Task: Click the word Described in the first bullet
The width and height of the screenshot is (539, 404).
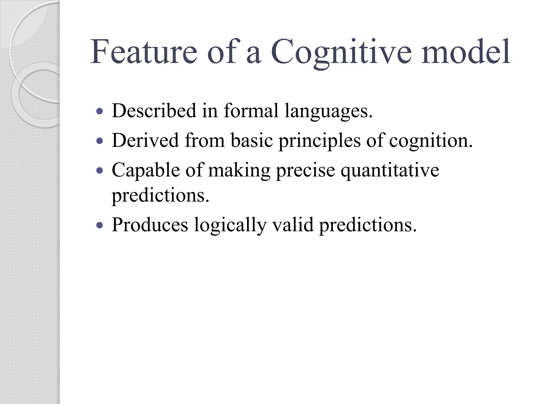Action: click(x=154, y=111)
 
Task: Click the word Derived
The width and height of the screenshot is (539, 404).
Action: click(x=145, y=140)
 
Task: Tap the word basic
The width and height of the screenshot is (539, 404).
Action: click(x=252, y=140)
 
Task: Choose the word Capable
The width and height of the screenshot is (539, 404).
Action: click(x=146, y=170)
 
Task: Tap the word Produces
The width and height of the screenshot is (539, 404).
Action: click(x=150, y=225)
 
